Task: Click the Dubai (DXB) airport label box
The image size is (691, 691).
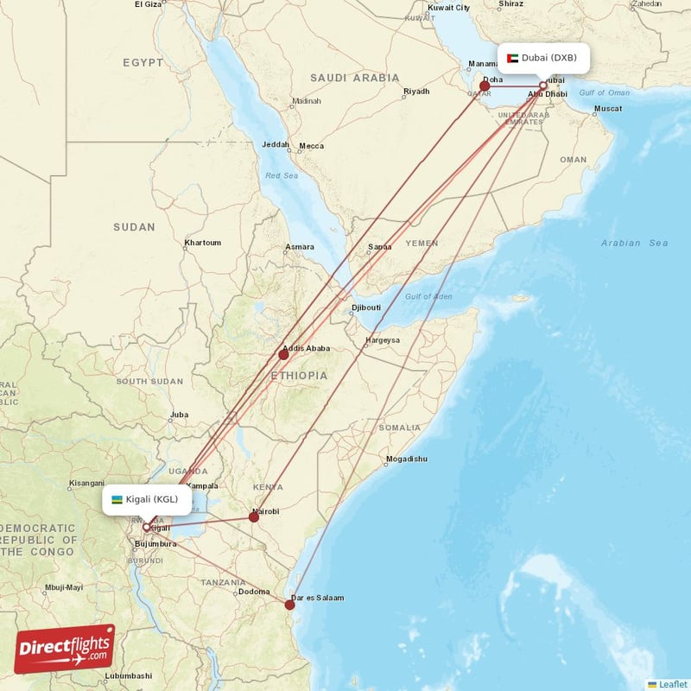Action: point(544,58)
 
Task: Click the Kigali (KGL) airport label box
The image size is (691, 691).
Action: point(147,499)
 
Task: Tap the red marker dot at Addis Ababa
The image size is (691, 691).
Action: point(283,354)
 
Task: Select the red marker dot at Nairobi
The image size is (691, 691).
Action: point(254,517)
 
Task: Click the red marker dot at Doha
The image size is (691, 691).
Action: point(485,86)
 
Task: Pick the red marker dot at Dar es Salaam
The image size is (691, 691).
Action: point(290,605)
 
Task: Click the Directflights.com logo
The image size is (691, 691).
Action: point(65,649)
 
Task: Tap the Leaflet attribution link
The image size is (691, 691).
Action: point(672,684)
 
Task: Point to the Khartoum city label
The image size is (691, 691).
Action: point(202,243)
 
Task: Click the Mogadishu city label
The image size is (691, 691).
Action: point(406,459)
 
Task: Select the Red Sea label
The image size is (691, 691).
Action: point(281,175)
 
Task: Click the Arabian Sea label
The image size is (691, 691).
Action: point(634,244)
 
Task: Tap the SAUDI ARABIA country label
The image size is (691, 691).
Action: point(354,78)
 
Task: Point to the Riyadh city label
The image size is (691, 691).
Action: point(415,92)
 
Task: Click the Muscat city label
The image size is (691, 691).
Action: point(607,109)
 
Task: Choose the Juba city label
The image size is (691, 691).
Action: point(179,415)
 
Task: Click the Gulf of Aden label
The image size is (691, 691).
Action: point(428,297)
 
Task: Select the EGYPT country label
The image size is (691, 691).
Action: point(143,63)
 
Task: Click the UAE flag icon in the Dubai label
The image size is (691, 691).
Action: point(513,58)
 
